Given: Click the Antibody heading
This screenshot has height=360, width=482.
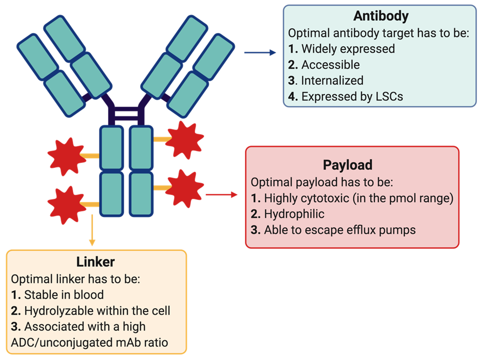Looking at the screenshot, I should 381,16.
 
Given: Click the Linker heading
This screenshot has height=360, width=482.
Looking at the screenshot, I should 95,262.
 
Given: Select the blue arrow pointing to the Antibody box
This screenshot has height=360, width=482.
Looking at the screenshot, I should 260,53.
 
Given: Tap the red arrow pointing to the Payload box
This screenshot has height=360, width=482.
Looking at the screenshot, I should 221,195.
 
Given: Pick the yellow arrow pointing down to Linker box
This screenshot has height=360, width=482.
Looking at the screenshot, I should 92,230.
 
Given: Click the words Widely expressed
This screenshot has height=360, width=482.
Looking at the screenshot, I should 348,48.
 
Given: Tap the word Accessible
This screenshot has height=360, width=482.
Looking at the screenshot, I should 330,65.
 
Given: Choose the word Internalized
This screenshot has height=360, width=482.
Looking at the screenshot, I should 332,80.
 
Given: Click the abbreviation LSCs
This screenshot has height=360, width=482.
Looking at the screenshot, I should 387,96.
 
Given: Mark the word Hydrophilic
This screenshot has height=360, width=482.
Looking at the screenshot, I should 294,214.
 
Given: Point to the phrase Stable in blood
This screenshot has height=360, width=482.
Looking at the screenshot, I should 64,295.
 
